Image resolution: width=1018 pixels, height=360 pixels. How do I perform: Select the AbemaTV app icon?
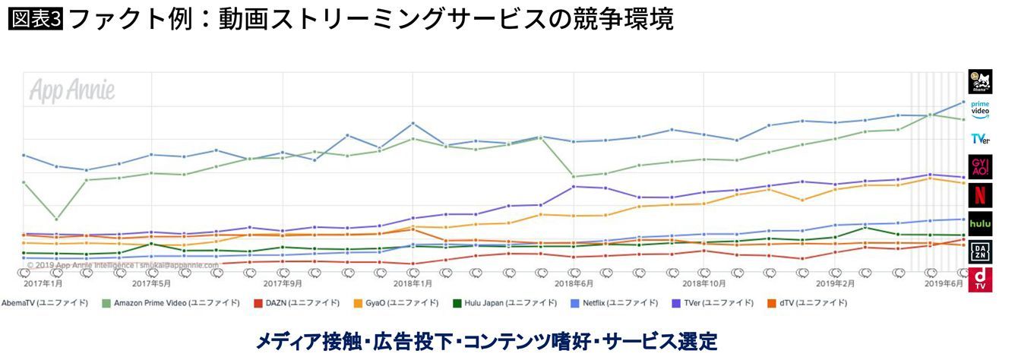tap(980, 81)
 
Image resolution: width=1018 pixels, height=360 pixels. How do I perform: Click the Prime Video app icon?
tap(980, 110)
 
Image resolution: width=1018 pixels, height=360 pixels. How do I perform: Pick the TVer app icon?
tap(980, 139)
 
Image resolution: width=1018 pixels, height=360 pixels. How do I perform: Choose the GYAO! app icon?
tap(980, 167)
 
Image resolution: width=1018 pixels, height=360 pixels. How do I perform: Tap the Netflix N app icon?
tap(980, 195)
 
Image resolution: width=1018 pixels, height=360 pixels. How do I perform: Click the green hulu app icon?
tap(980, 223)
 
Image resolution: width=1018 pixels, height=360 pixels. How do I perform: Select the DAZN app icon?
tap(980, 251)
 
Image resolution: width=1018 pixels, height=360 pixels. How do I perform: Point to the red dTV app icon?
tap(980, 279)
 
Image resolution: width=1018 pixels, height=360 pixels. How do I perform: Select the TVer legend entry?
tap(714, 303)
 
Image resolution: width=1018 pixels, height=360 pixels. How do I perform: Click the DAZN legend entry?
tap(296, 303)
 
